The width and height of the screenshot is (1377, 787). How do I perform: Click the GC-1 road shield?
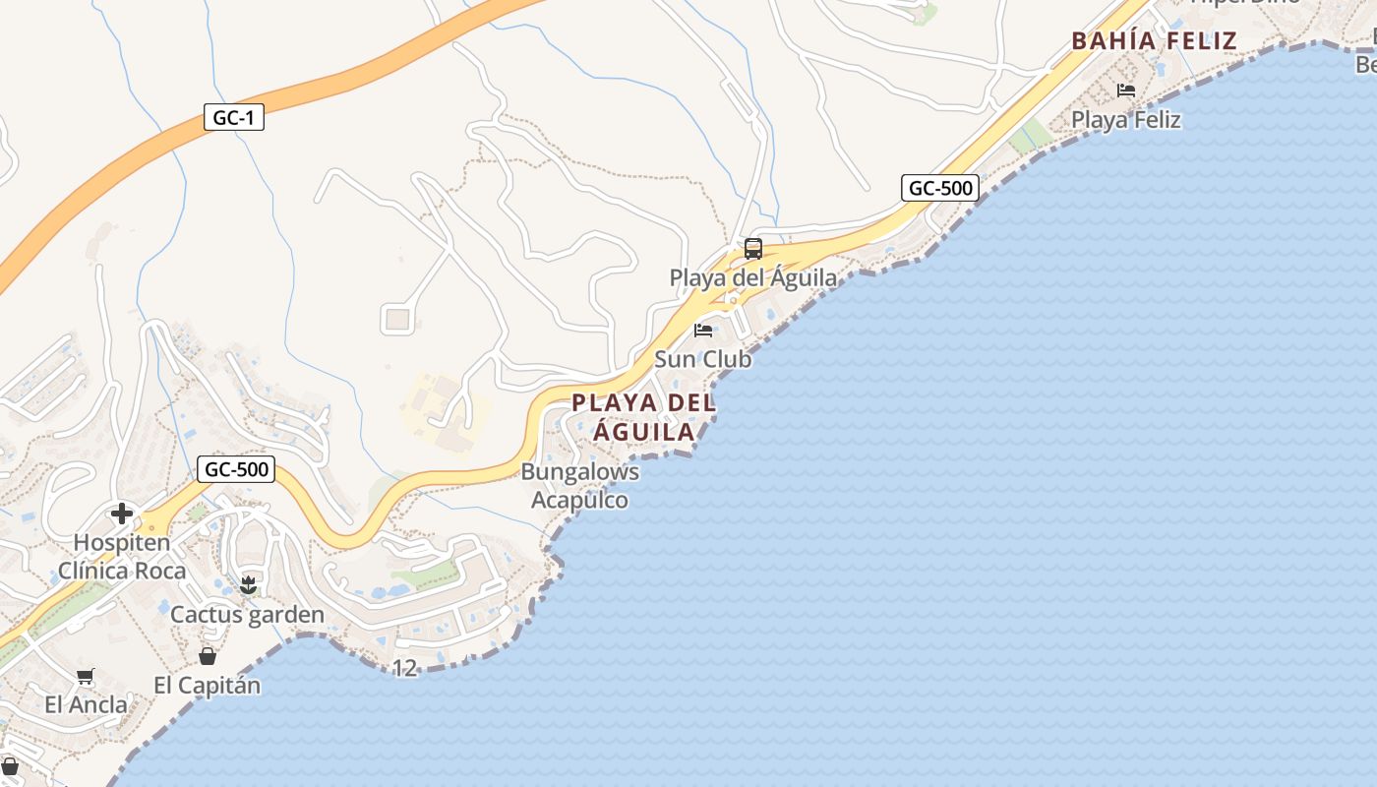[234, 118]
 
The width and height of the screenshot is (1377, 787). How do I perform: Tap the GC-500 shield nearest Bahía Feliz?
[939, 187]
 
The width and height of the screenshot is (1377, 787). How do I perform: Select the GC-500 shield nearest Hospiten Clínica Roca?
[235, 469]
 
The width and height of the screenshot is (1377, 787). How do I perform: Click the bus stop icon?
[753, 249]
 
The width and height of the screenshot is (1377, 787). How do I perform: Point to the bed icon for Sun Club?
[703, 331]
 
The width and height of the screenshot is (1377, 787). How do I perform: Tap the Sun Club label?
[702, 359]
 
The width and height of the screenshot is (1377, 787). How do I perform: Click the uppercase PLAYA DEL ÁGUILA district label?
[643, 417]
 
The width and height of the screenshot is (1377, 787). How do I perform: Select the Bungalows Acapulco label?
[580, 486]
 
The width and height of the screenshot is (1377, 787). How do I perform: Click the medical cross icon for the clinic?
[122, 514]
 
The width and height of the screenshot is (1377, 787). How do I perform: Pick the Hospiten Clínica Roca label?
[122, 556]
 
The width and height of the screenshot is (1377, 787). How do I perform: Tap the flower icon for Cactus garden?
[248, 585]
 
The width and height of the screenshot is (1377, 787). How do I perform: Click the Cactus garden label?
[247, 615]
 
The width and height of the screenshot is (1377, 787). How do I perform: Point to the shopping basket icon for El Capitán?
[208, 656]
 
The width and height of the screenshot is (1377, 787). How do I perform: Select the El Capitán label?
[208, 685]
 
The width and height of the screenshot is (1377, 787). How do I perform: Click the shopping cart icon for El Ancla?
[86, 676]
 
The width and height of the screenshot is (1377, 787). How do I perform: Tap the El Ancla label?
[86, 704]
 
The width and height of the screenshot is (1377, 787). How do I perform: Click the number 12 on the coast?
[404, 668]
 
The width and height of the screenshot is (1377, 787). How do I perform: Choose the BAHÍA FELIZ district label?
[1154, 41]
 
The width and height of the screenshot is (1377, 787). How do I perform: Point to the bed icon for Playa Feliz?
[1126, 91]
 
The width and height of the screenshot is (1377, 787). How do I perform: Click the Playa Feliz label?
[1126, 120]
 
